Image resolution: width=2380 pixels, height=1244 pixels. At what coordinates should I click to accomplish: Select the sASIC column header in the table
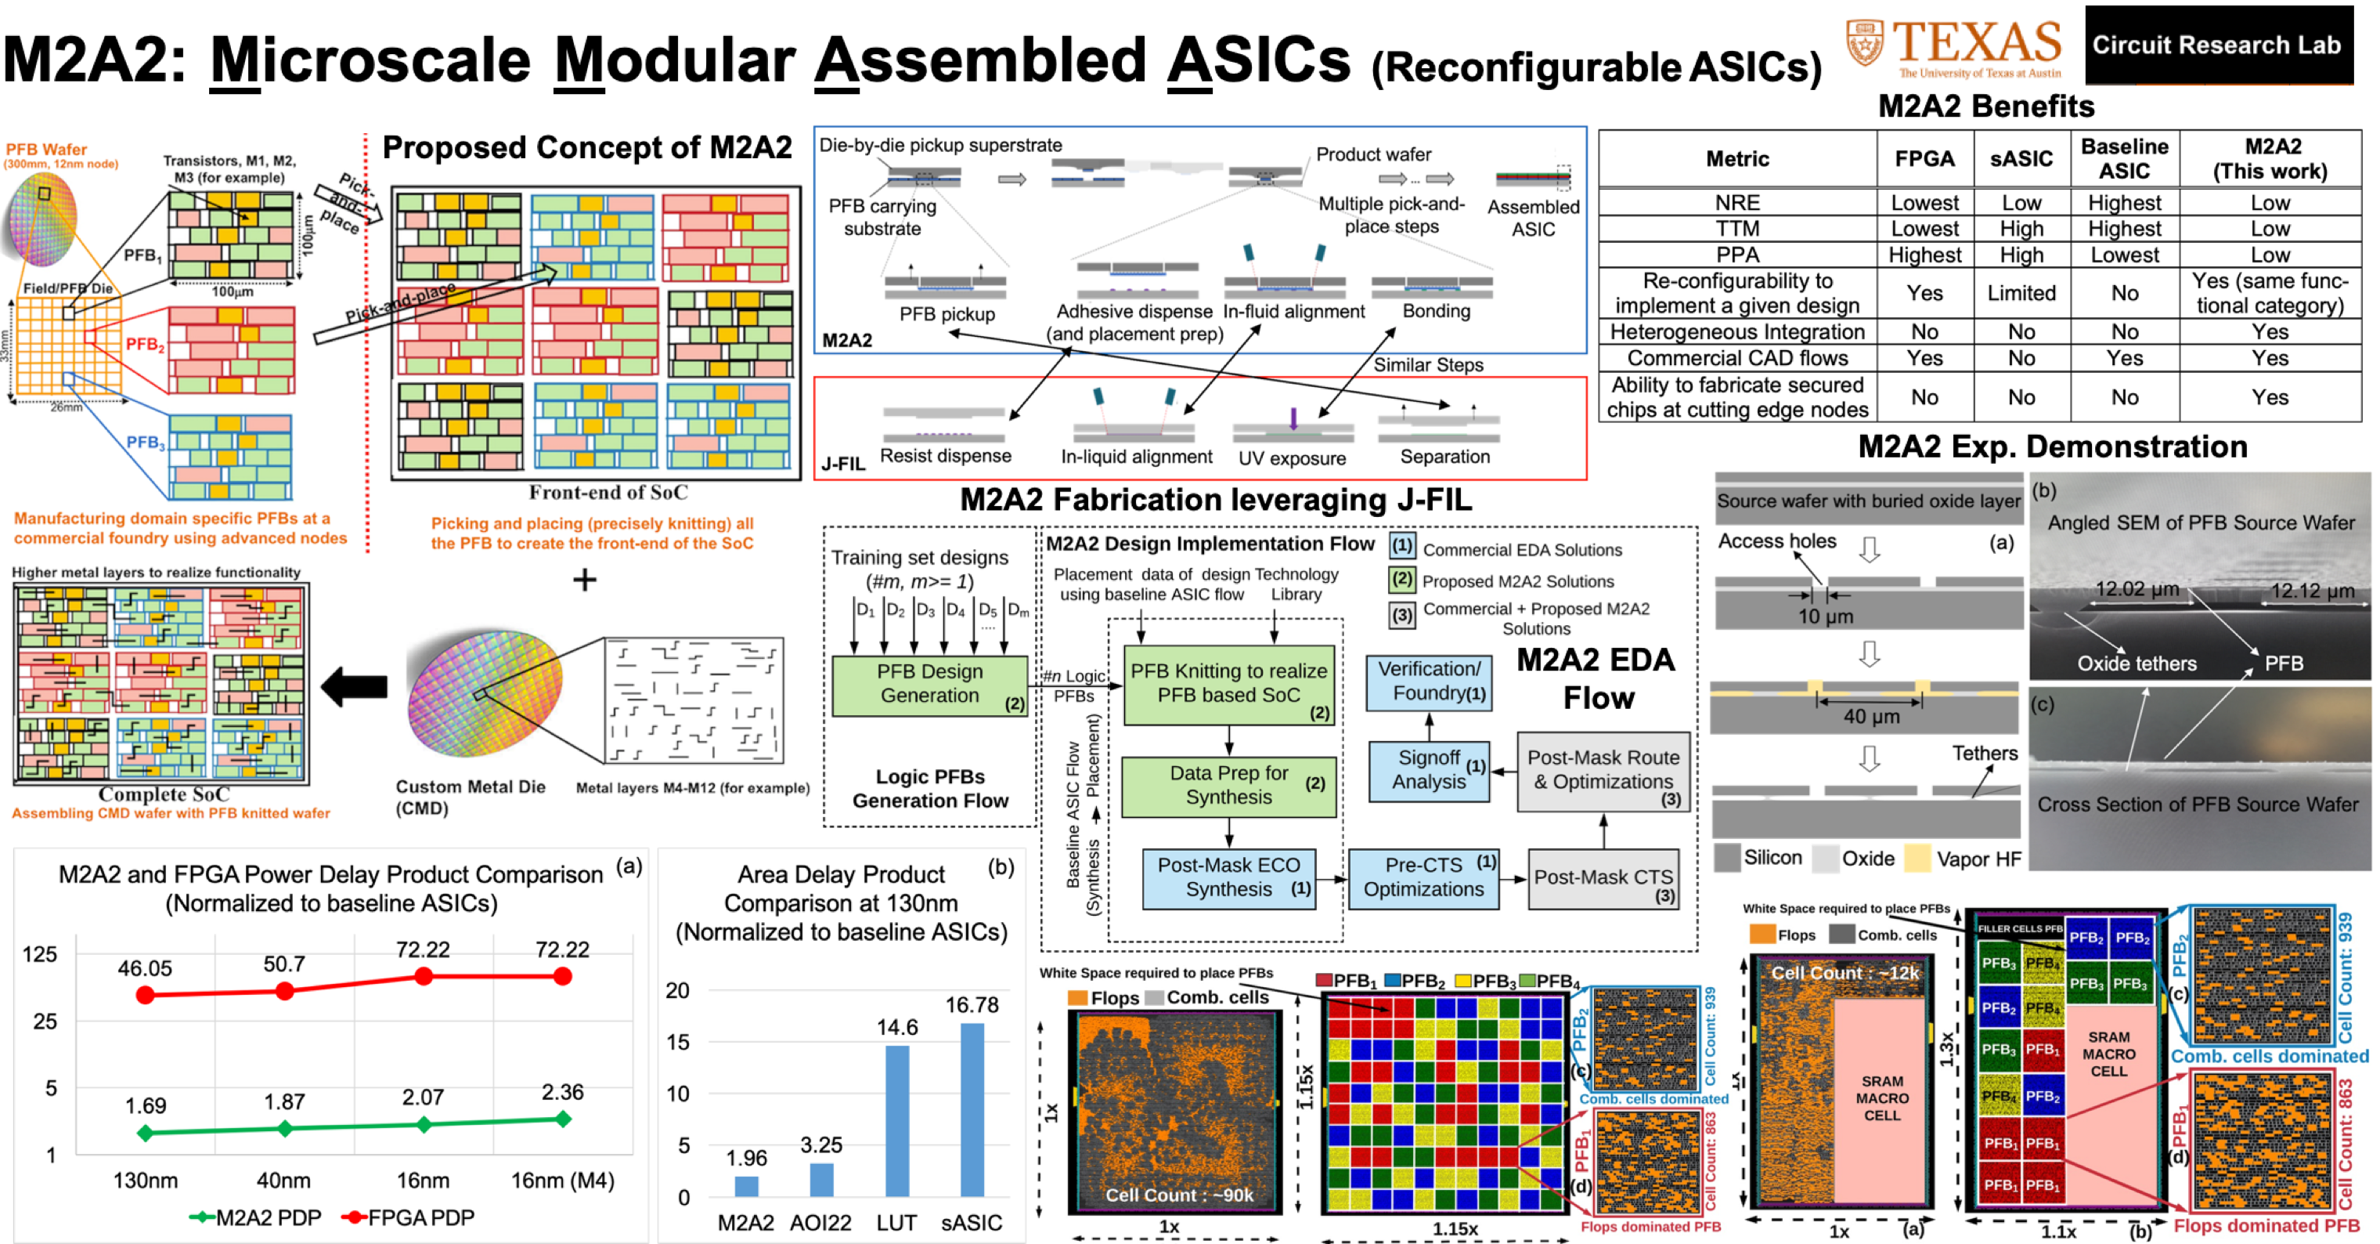click(2021, 159)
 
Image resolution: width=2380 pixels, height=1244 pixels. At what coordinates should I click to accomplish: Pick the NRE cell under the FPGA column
click(1924, 202)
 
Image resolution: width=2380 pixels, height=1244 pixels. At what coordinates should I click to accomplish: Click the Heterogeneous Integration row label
click(1737, 332)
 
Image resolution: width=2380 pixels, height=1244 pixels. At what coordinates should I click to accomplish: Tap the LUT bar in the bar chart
click(896, 1120)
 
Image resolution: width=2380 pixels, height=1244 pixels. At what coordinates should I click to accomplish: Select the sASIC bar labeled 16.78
click(972, 1109)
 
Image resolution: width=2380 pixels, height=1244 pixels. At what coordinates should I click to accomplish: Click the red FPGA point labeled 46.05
click(145, 994)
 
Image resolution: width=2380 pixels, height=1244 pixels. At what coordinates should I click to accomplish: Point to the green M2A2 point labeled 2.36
click(563, 1119)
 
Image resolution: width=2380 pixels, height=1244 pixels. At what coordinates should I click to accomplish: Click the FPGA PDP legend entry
click(409, 1218)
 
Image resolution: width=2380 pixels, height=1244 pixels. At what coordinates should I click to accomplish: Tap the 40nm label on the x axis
click(283, 1181)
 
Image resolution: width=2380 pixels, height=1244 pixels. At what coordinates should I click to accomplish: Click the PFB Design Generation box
click(929, 684)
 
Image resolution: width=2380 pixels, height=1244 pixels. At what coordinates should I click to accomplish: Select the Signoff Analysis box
click(1430, 770)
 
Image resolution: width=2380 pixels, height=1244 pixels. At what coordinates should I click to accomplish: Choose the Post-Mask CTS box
click(1603, 879)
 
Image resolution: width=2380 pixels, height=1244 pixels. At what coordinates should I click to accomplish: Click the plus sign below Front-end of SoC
click(584, 580)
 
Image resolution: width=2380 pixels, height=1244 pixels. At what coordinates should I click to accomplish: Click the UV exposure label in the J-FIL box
click(1292, 458)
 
